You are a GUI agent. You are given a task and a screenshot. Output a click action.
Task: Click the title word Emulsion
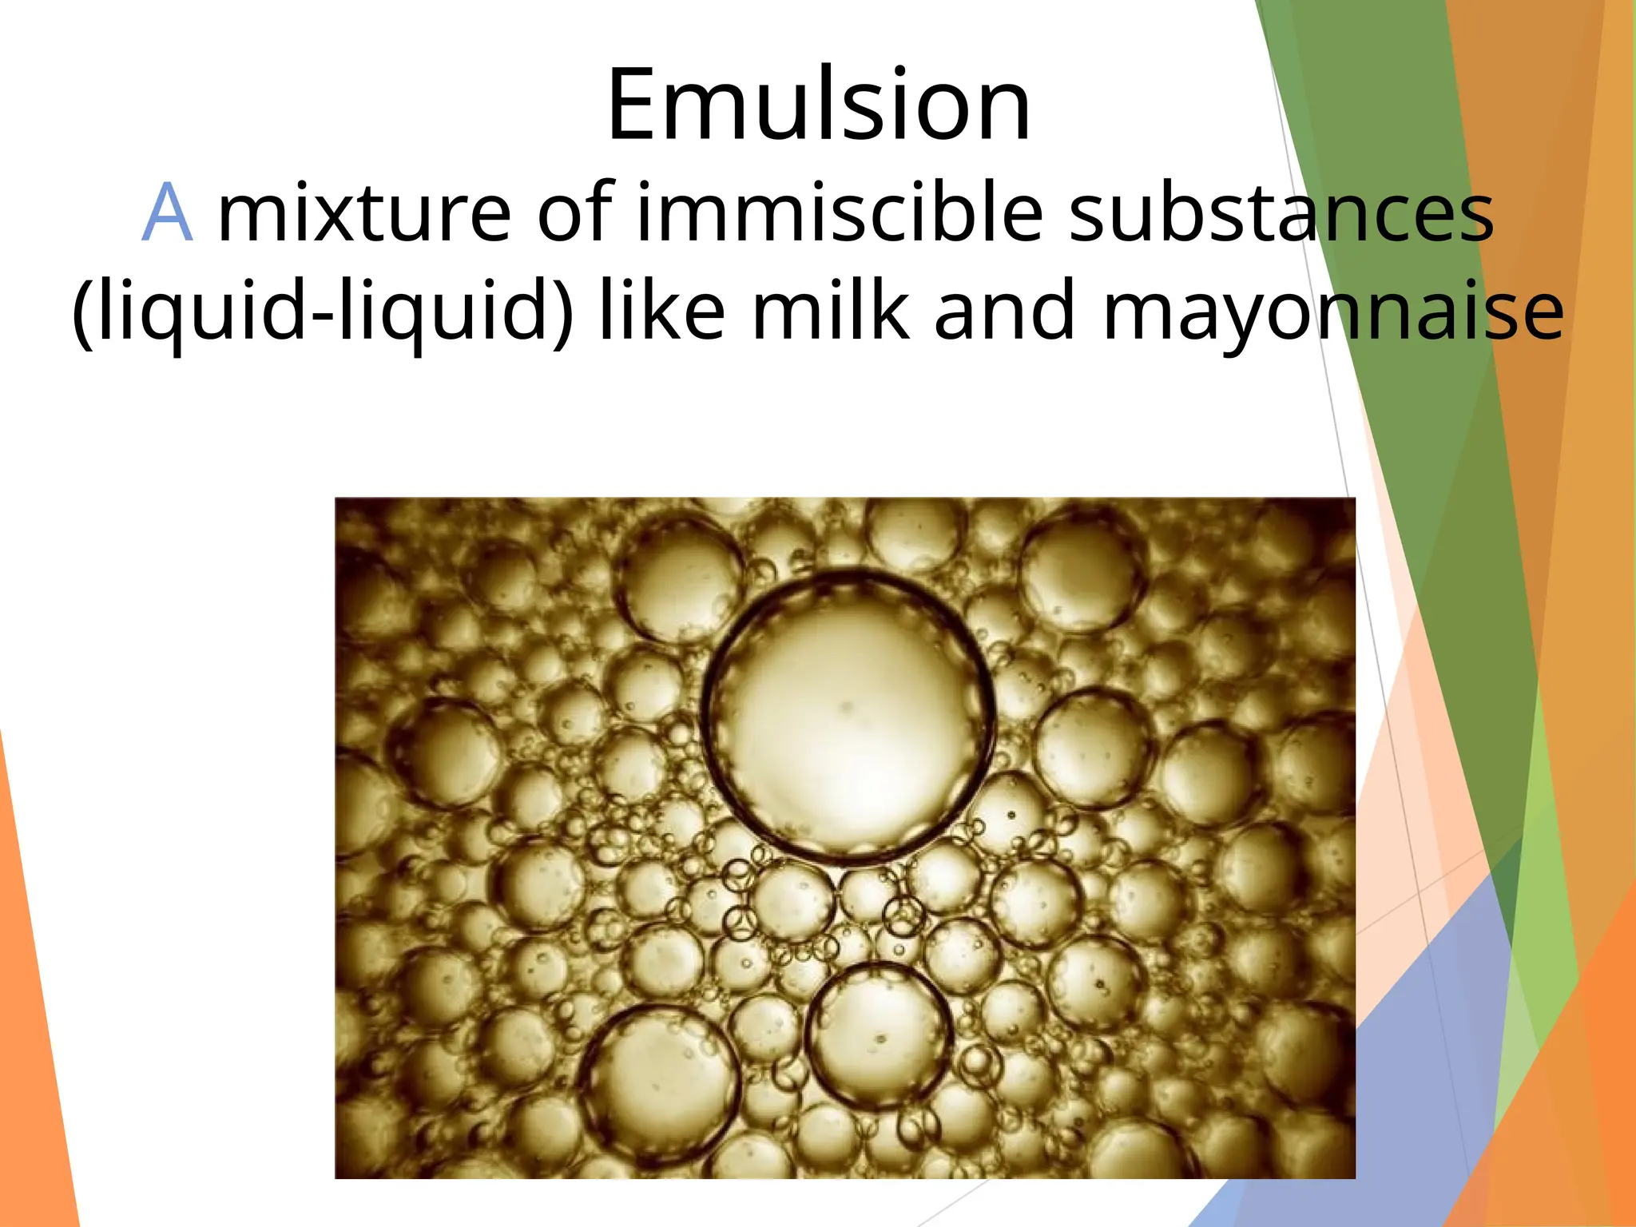(818, 105)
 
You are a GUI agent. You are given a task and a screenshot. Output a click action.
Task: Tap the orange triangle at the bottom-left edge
(32, 1038)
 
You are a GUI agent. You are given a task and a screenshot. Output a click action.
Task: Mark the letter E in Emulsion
(635, 105)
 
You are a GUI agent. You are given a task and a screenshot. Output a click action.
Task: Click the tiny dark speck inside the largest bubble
(846, 706)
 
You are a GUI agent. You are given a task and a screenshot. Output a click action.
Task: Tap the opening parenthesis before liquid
(81, 312)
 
